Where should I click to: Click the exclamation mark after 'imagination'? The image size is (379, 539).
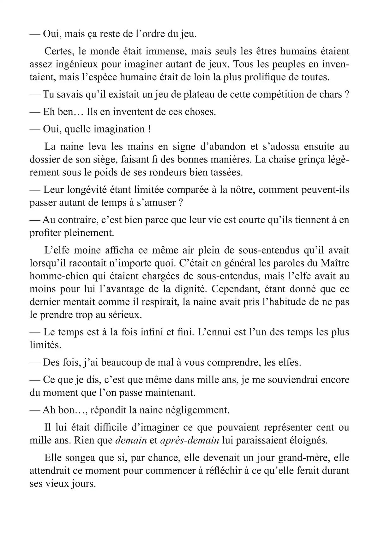click(x=148, y=129)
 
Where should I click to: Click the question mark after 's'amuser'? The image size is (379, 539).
click(x=181, y=203)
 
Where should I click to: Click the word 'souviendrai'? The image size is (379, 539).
click(x=287, y=380)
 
